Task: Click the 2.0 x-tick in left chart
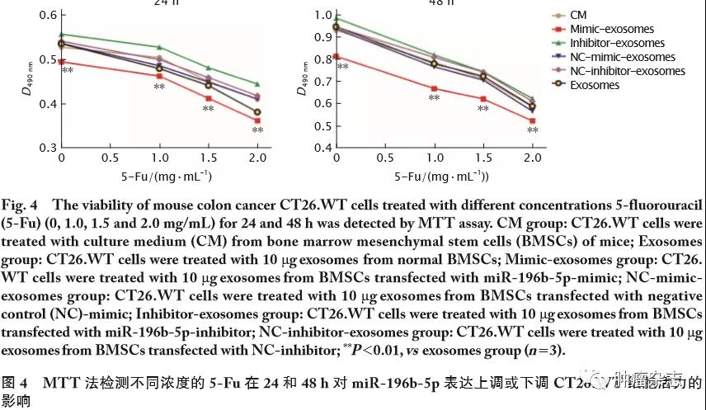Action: coord(257,158)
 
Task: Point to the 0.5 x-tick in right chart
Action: coord(384,158)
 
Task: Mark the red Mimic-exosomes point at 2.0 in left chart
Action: coord(257,120)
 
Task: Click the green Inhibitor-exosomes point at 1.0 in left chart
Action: coord(160,47)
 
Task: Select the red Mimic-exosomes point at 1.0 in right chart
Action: coord(434,89)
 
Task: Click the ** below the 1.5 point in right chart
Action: coord(483,109)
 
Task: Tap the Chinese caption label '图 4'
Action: coord(18,384)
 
